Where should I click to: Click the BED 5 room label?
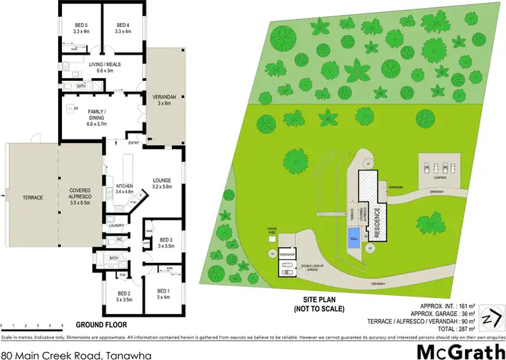click(81, 28)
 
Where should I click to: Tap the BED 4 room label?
click(123, 28)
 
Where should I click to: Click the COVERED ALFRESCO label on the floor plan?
click(80, 195)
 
